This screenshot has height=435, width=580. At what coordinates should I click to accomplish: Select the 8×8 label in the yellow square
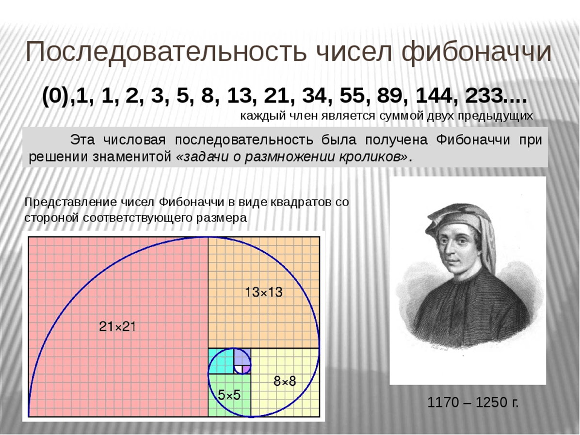[x=285, y=381]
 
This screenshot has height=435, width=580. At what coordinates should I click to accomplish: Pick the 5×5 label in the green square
[x=229, y=395]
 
